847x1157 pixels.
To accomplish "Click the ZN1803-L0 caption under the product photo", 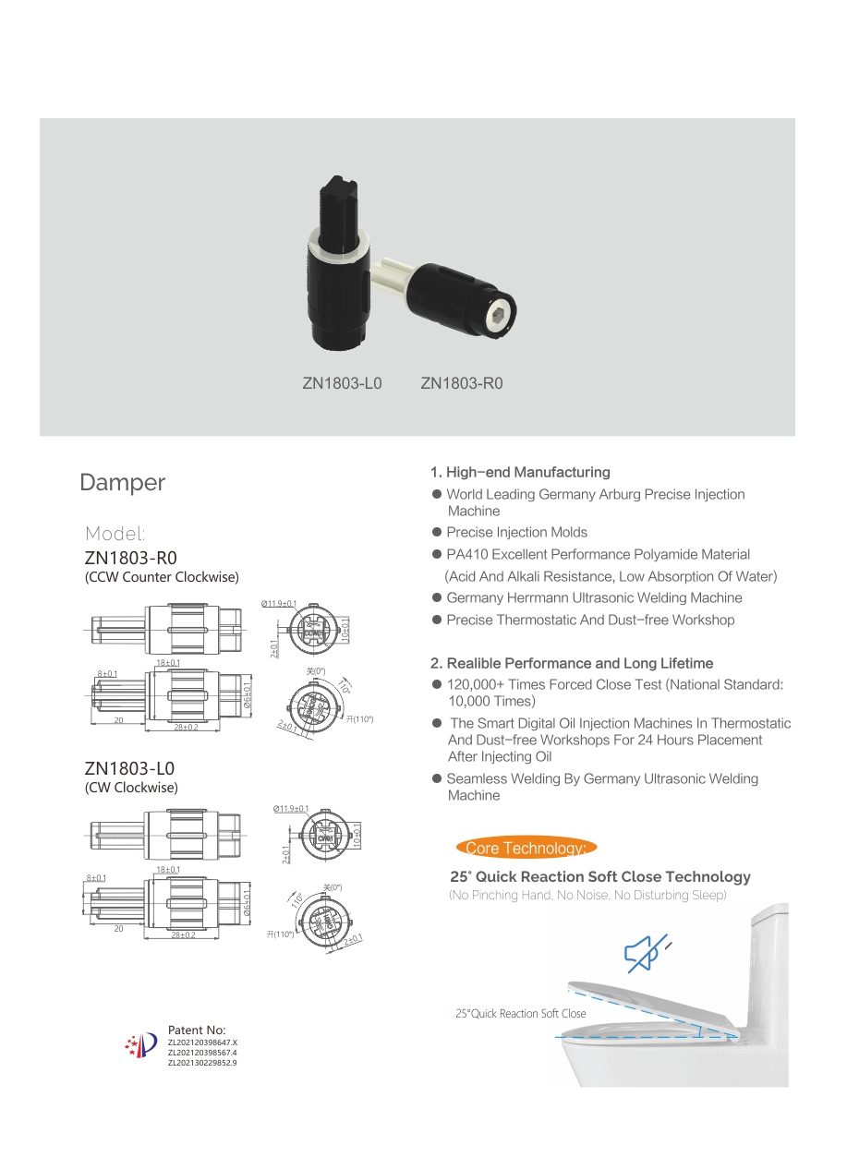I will (x=342, y=383).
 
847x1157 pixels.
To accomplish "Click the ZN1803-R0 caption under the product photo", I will (x=462, y=383).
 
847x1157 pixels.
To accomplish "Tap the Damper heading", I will (x=123, y=482).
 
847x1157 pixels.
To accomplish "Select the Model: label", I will (x=115, y=534).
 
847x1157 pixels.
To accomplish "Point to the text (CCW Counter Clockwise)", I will (x=162, y=577).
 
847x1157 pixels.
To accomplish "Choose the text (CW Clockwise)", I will (x=131, y=788).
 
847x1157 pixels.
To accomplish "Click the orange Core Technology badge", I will (x=526, y=848).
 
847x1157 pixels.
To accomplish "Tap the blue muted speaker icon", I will (x=645, y=952).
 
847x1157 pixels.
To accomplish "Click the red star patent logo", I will (x=140, y=1044).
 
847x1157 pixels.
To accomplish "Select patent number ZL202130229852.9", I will (x=202, y=1063).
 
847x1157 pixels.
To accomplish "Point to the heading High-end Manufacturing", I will (x=520, y=472).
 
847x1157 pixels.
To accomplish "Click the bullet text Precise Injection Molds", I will (x=516, y=533).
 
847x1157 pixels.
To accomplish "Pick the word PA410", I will (x=466, y=555).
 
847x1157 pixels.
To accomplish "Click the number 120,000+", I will (x=477, y=685).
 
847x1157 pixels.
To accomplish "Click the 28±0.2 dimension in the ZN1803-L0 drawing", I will (x=183, y=934).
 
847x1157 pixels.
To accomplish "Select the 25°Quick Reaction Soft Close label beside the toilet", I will (x=520, y=1014).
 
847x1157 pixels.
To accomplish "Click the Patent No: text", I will (x=197, y=1030).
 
